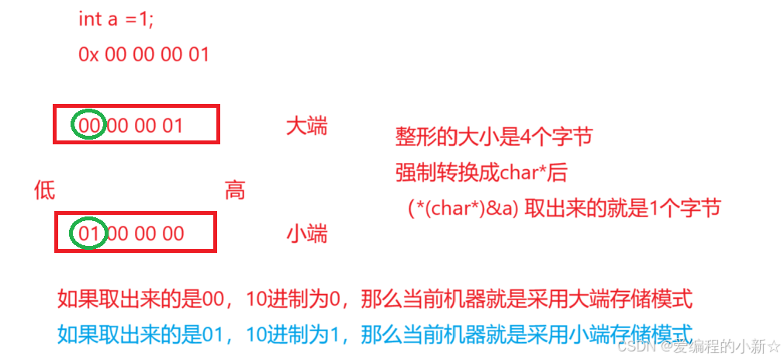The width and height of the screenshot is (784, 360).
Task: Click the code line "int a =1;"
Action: click(x=116, y=19)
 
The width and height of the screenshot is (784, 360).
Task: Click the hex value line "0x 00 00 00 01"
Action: click(x=143, y=54)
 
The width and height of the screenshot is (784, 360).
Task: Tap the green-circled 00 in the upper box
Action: click(x=89, y=125)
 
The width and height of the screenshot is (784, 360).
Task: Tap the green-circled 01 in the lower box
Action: click(x=89, y=234)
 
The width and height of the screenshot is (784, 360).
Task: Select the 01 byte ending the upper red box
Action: click(x=172, y=125)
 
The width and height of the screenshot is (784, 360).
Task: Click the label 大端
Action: click(x=306, y=126)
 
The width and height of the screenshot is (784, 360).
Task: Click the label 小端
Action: click(x=306, y=234)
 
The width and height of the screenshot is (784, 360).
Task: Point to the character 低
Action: click(x=45, y=191)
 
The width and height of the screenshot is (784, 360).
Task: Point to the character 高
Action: click(x=235, y=191)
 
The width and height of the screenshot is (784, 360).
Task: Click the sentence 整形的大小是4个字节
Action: click(x=493, y=138)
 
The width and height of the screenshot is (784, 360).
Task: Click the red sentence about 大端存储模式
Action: click(x=375, y=299)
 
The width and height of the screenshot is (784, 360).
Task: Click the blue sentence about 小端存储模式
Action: click(x=375, y=334)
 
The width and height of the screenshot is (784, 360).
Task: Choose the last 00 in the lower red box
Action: click(x=172, y=234)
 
